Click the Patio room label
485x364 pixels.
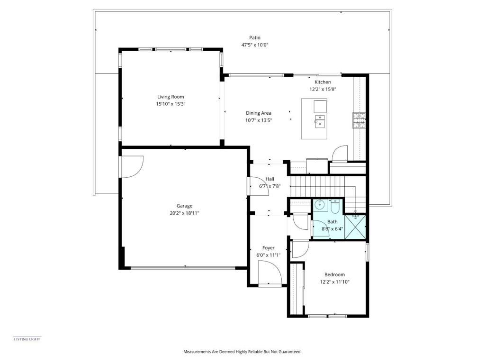coord(255,38)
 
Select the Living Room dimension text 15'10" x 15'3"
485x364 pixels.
coord(171,104)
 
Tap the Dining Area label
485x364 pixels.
coord(258,113)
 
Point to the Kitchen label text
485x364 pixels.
coord(323,82)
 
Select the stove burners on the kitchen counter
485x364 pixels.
coord(359,120)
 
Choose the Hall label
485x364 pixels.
coord(269,179)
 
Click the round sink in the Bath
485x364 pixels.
coord(319,205)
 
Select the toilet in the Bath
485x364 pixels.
coord(334,207)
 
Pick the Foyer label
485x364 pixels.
coord(269,248)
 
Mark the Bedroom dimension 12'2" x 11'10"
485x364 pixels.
coord(334,282)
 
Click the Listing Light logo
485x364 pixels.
coord(27,339)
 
